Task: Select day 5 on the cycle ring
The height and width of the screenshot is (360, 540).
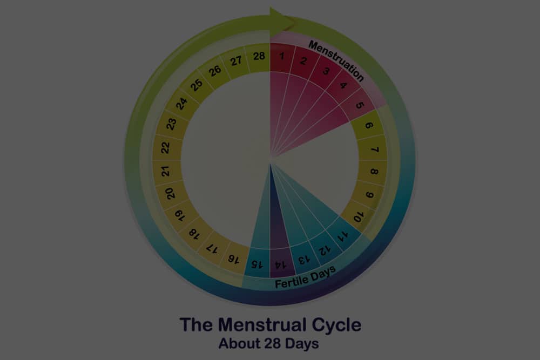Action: coord(359,105)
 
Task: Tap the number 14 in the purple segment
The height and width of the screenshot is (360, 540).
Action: coord(280,265)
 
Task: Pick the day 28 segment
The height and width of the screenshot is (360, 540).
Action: coord(258,57)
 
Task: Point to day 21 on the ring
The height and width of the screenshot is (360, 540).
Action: coord(166,171)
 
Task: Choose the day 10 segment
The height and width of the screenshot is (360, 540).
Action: coord(358,217)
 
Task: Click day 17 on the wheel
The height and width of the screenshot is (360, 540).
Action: coord(212,248)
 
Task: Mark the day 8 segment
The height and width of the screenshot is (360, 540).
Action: coord(373,171)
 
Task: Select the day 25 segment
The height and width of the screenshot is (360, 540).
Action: coord(197,85)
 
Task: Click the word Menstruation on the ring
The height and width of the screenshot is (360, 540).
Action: coord(336,61)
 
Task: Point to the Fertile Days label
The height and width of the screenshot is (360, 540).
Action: coord(305,277)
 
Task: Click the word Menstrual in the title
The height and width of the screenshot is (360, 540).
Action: coord(262,324)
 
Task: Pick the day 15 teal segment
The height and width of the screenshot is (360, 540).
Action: coord(257,263)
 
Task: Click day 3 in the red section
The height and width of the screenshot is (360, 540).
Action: coord(326,71)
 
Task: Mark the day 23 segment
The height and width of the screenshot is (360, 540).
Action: coord(171,123)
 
